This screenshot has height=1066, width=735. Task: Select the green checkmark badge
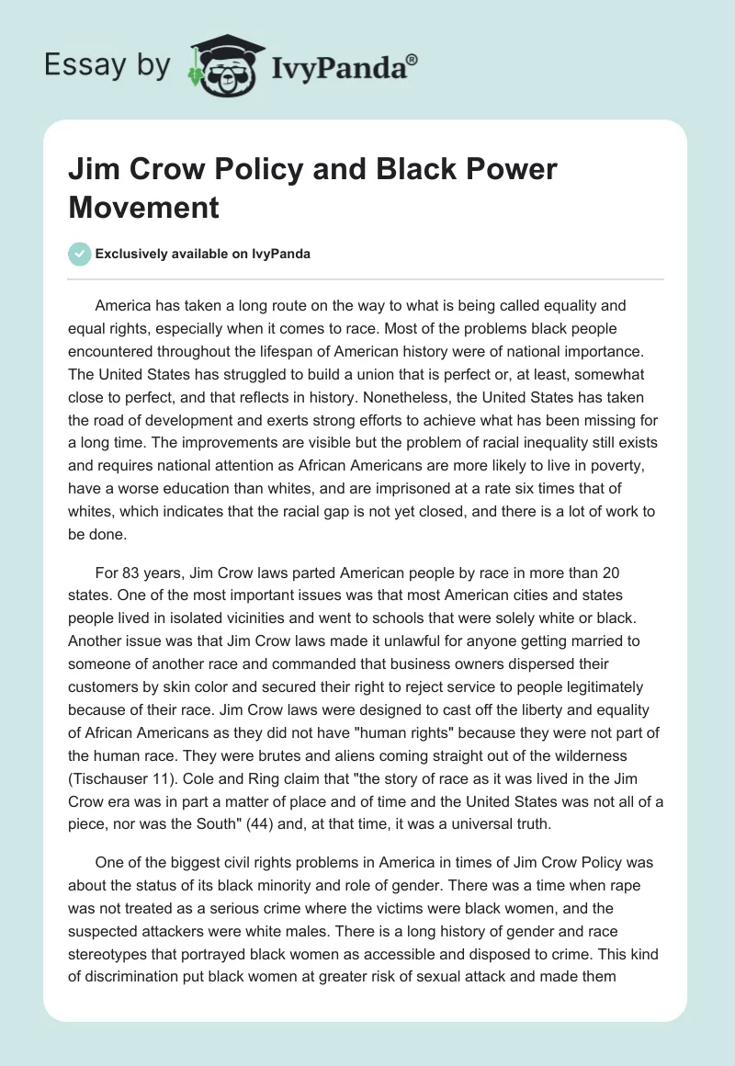(x=79, y=254)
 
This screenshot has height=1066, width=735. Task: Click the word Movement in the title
(x=144, y=207)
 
